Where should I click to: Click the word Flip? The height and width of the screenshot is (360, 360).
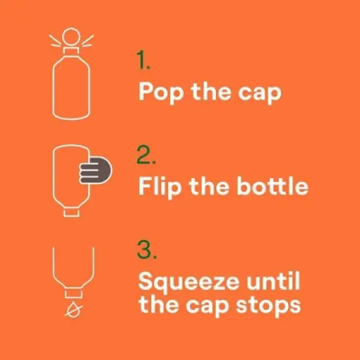160,187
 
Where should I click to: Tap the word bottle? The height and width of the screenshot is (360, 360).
272,186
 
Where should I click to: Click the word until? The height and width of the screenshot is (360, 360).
273,281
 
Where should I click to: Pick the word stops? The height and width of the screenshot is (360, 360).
268,307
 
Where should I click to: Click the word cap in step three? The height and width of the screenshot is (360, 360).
207,308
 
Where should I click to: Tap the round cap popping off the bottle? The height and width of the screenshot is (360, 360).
71,37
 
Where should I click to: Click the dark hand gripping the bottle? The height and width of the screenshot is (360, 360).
96,170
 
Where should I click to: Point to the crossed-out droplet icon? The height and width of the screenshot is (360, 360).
73,310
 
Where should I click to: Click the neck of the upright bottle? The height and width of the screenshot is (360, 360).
71,51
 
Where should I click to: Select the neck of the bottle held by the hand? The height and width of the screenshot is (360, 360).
71,212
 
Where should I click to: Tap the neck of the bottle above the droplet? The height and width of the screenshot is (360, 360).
73,294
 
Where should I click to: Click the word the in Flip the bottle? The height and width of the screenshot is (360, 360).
209,186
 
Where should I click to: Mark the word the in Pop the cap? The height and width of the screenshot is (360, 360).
211,92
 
